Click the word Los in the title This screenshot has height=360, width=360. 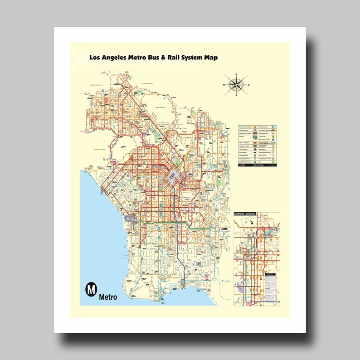(x=95, y=58)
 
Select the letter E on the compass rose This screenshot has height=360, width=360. (x=248, y=85)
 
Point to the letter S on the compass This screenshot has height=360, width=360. (x=235, y=96)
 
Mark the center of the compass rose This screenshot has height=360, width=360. (x=236, y=84)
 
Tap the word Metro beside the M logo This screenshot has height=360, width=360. (x=108, y=297)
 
